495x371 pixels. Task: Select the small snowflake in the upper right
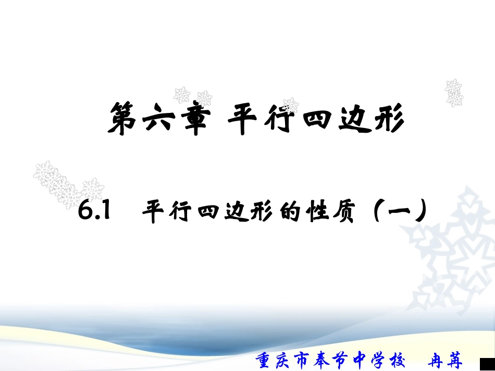[x=454, y=92]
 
